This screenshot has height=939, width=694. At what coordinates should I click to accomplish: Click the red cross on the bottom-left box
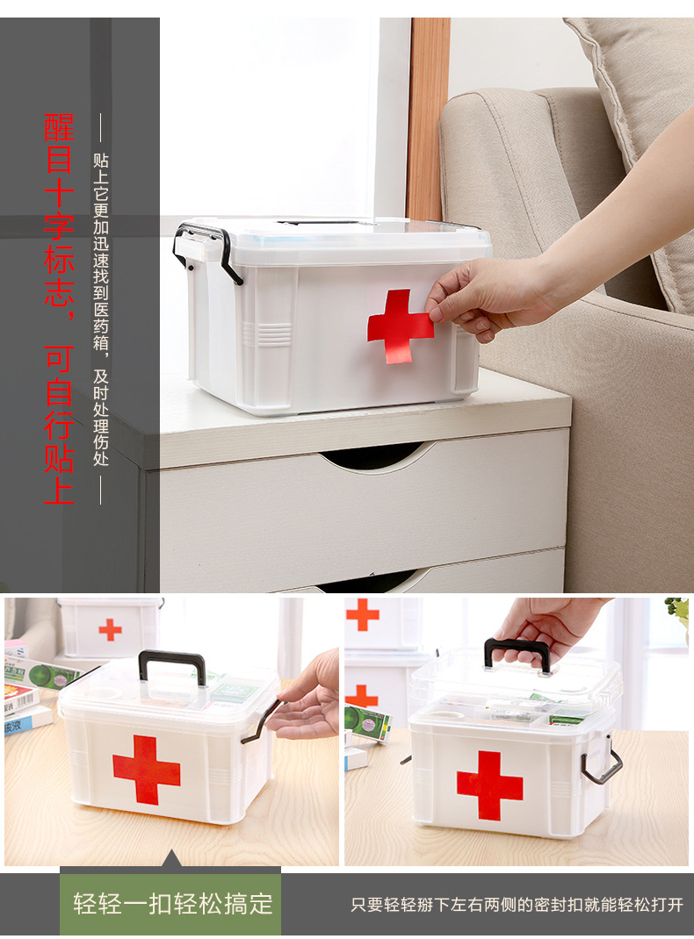click(x=146, y=771)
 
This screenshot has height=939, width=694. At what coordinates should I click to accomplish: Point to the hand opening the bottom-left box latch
click(x=305, y=700)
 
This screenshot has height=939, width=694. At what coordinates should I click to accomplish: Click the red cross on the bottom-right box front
click(x=489, y=785)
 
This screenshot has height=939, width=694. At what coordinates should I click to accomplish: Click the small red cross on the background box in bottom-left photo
click(x=111, y=630)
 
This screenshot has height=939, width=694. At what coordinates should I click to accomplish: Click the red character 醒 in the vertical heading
click(x=60, y=127)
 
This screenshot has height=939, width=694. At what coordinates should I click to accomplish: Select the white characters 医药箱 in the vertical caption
click(x=101, y=326)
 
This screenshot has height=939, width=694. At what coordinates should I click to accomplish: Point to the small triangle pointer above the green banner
click(x=171, y=857)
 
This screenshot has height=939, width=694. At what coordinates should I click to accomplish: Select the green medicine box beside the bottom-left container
click(x=42, y=674)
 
